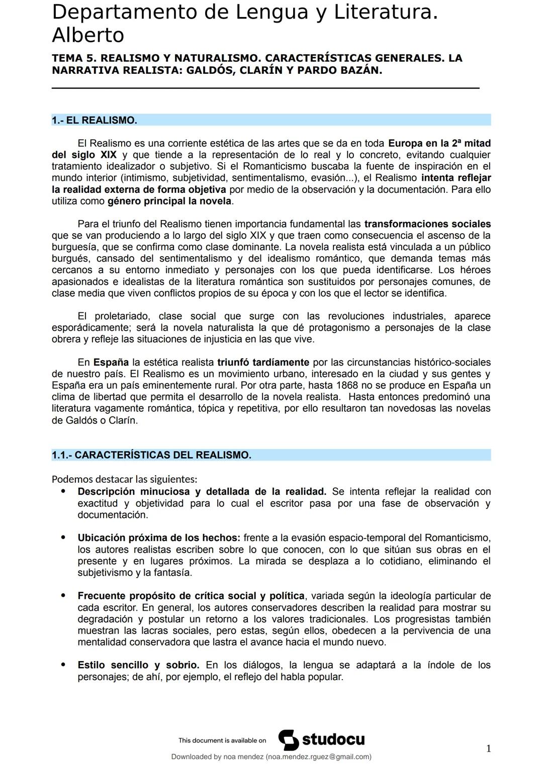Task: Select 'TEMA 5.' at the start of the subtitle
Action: coord(74,58)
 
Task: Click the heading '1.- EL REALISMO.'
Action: coord(95,121)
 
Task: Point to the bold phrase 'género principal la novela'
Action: coord(169,201)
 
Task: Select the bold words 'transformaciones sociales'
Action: coord(427,224)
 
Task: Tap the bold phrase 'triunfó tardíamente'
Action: coord(263,362)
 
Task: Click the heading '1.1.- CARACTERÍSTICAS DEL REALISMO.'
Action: coord(151,455)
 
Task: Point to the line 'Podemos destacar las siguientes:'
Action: coord(124,479)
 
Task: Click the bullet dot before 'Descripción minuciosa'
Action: coord(63,491)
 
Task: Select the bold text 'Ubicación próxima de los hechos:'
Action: coord(159,538)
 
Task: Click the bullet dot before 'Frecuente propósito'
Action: coord(63,595)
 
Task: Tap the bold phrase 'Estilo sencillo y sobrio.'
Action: coord(138,665)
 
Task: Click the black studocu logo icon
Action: coord(288,740)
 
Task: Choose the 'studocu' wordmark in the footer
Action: coord(333,740)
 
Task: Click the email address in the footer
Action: coord(318,757)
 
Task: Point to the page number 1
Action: coord(488,749)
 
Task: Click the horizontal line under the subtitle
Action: coord(265,88)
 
